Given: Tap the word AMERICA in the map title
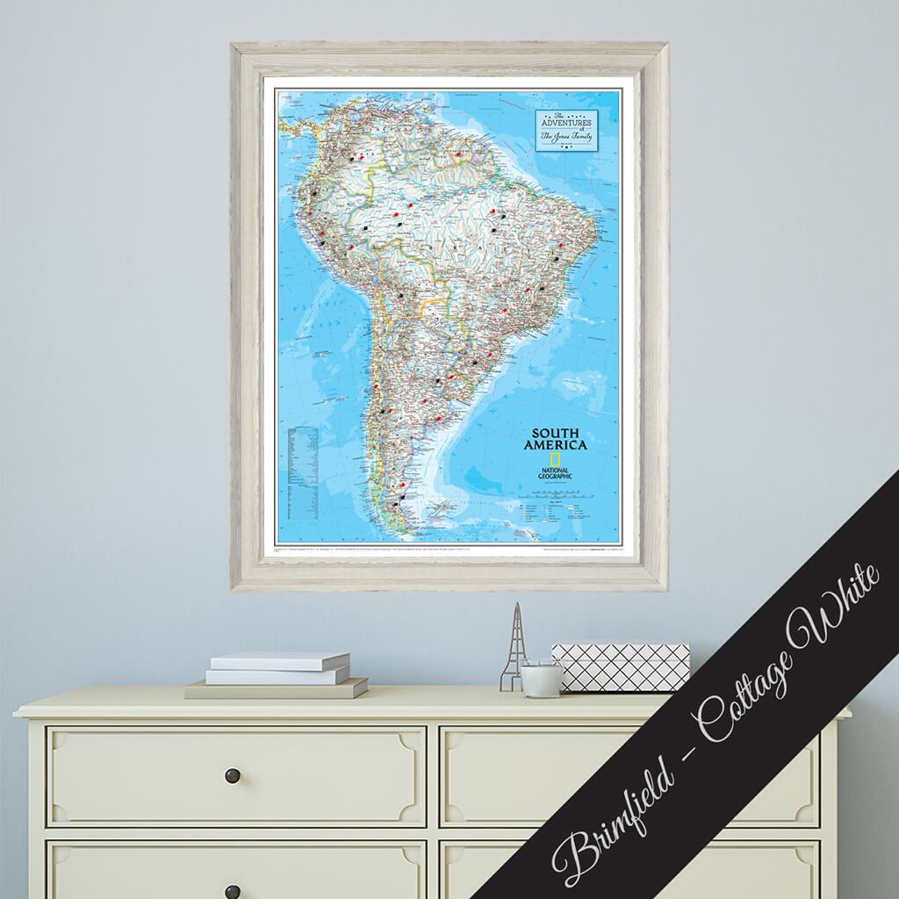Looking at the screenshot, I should [557, 446].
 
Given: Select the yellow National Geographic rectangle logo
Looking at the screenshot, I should [556, 462].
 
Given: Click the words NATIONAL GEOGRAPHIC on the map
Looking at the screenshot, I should [556, 475].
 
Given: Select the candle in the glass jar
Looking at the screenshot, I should [541, 677].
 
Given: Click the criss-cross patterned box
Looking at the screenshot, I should [620, 667].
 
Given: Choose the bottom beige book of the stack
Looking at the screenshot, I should [276, 689].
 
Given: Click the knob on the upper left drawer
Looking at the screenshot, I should [233, 774].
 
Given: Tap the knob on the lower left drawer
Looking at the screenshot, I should [233, 888].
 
